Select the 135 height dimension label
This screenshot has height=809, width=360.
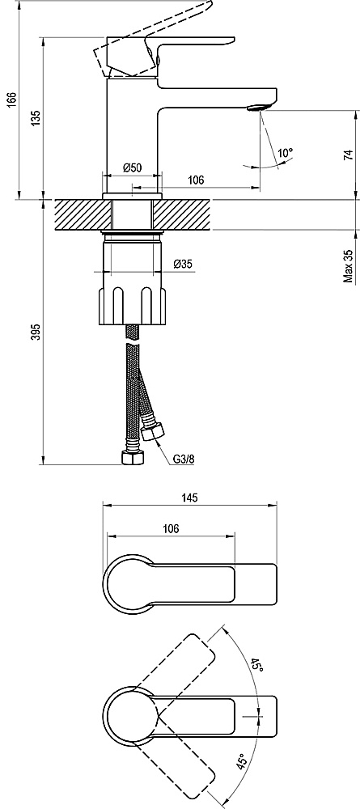(35, 118)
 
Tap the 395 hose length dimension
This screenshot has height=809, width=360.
(35, 332)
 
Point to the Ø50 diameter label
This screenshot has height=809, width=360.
(133, 167)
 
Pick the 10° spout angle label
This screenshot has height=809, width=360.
(285, 153)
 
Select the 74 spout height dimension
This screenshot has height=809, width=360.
(349, 155)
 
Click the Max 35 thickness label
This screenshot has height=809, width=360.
(349, 265)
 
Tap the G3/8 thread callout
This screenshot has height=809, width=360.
(183, 459)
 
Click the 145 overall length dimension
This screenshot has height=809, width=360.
(190, 498)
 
